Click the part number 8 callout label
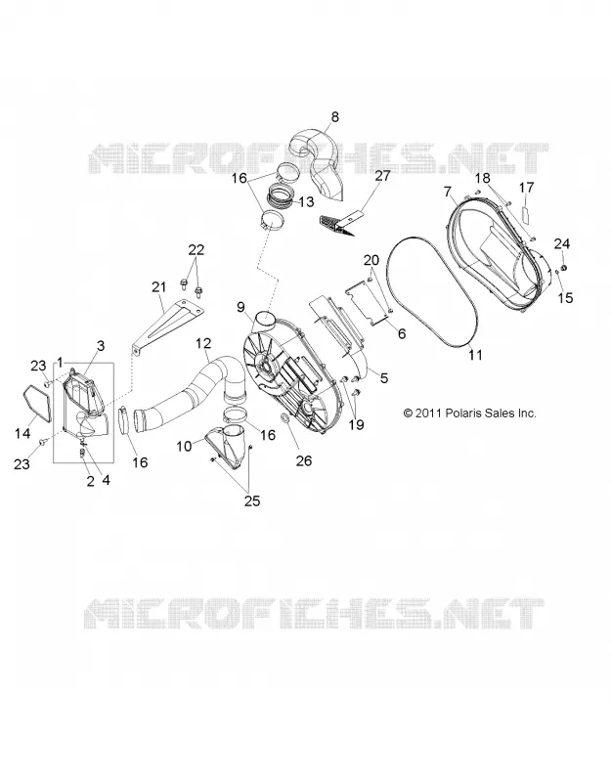[x=334, y=116]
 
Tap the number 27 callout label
[x=383, y=176]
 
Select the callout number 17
[x=526, y=188]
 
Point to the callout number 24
[x=561, y=243]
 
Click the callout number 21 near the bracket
[x=158, y=286]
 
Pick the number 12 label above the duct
[x=203, y=343]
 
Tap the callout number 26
[x=303, y=460]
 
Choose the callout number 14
[x=22, y=433]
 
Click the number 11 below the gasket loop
[x=475, y=354]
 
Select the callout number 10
[x=184, y=446]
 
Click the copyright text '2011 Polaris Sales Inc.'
[x=475, y=413]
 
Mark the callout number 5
[x=383, y=378]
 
